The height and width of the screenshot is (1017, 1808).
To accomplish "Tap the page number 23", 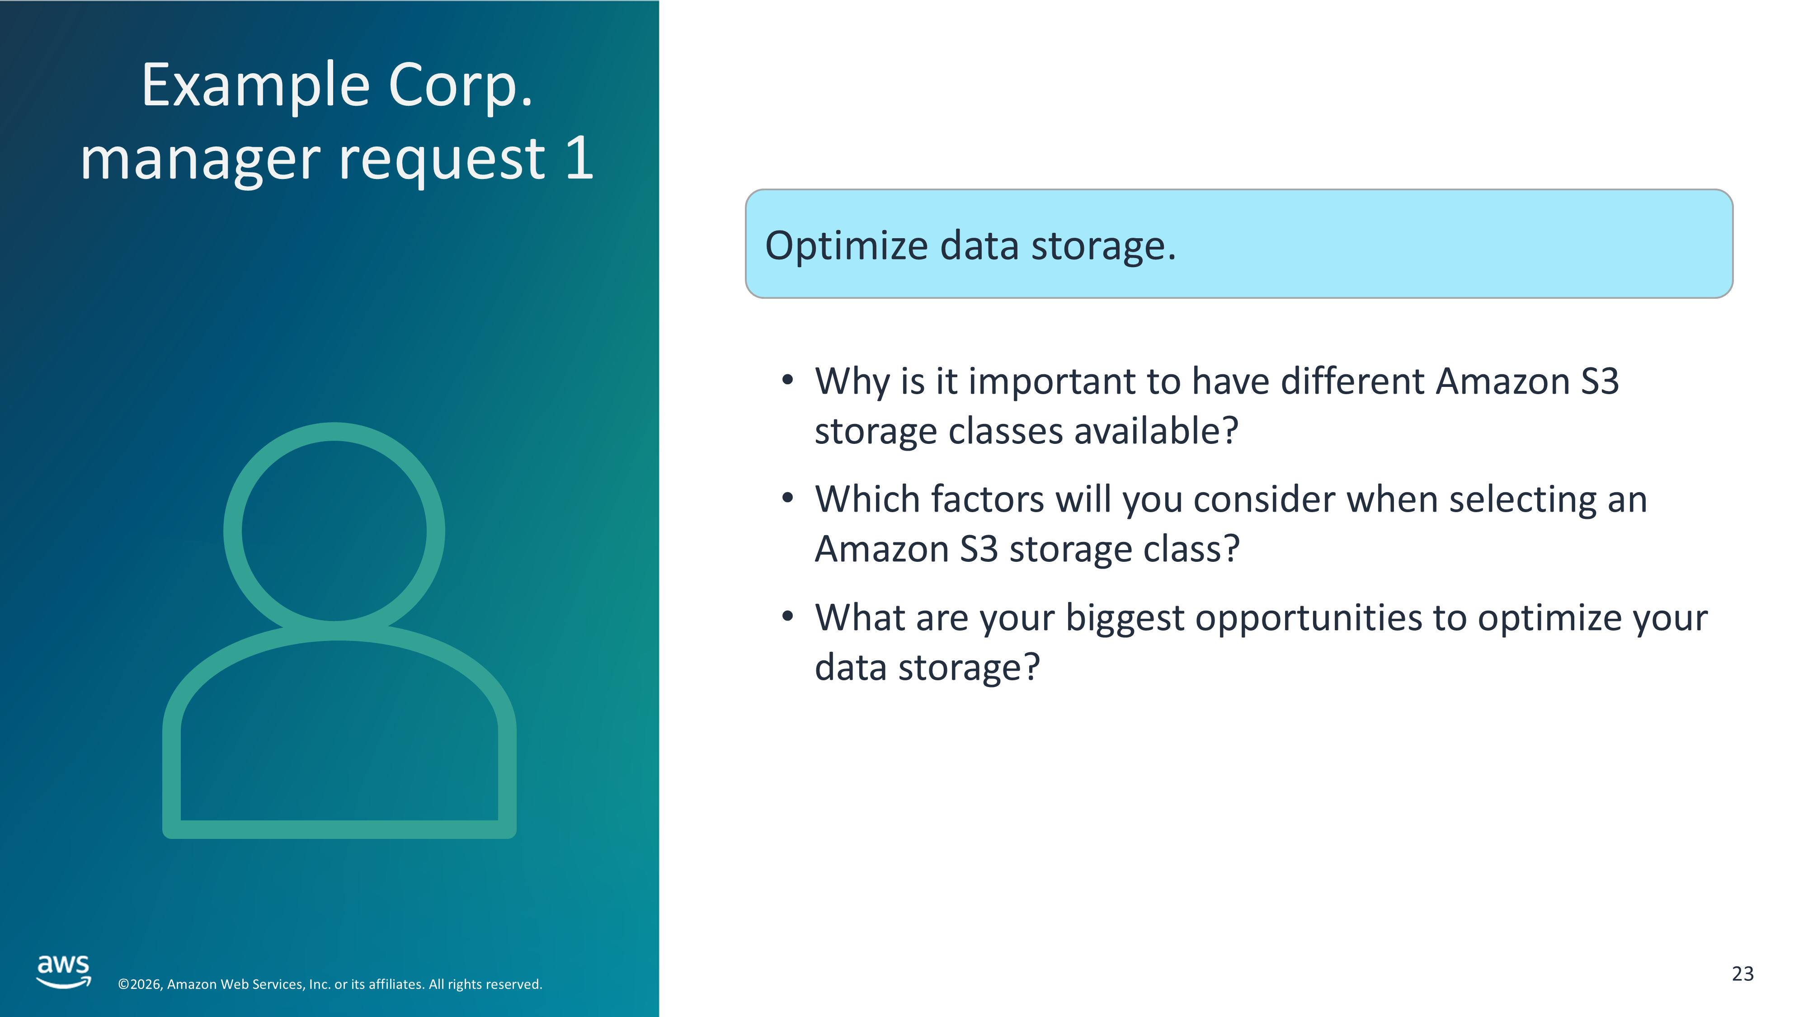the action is [1743, 974].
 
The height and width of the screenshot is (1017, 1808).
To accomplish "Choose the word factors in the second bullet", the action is [988, 500].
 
